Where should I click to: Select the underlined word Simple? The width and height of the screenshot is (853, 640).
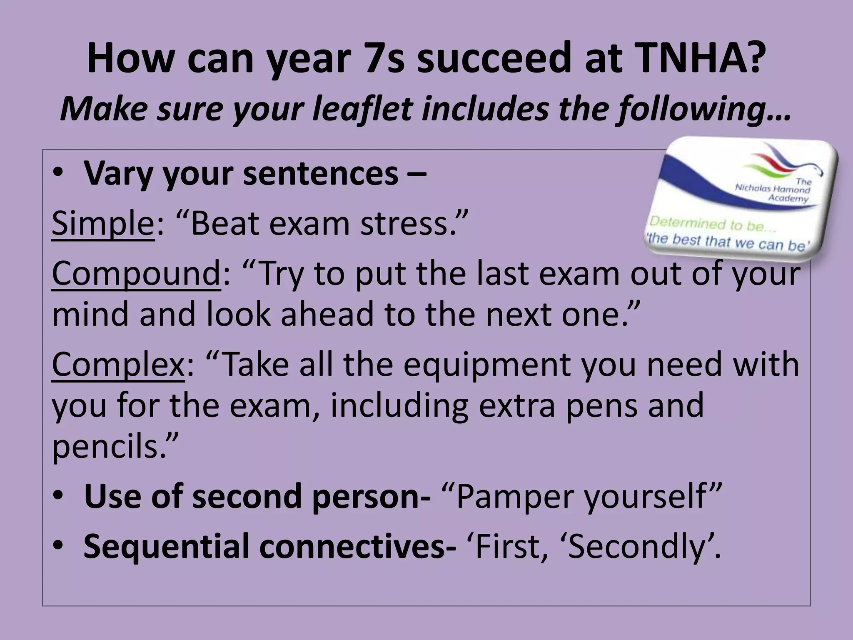click(x=103, y=224)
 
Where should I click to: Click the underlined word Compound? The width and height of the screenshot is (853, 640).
click(x=136, y=274)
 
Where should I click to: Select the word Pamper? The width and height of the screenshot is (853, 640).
click(x=515, y=497)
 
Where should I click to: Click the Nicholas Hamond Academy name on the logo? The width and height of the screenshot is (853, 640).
click(x=774, y=190)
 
